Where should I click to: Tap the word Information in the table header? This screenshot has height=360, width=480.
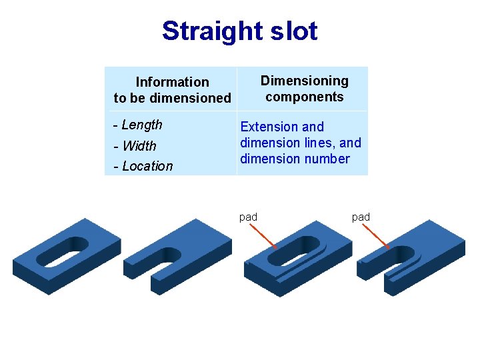172,82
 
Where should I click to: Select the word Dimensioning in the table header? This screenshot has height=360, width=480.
304,81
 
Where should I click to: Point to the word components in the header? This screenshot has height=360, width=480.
304,97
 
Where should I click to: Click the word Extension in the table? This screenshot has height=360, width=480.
269,127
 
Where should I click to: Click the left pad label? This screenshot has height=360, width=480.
248,217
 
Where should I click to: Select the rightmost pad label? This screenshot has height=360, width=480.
361,217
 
